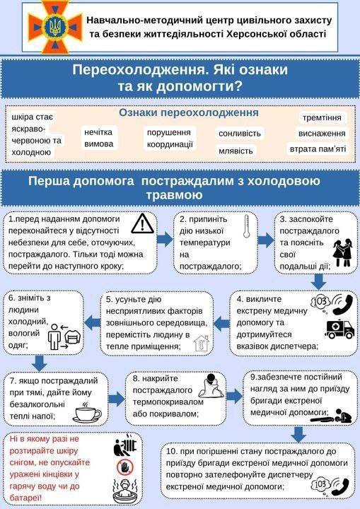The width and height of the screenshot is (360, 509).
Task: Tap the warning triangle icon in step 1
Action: tap(143, 223)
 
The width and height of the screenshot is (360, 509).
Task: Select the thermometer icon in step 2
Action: tap(247, 226)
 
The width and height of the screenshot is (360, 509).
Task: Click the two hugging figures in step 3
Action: tap(342, 252)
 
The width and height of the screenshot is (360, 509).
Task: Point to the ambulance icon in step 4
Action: tap(340, 329)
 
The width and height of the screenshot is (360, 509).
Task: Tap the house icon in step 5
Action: tap(201, 343)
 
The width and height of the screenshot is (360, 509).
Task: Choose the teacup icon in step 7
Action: tap(87, 413)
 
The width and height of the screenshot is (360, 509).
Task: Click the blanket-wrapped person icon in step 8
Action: tap(211, 386)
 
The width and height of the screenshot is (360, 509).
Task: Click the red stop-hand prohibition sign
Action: tap(125, 467)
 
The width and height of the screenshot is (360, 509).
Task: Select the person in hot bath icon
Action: tap(125, 491)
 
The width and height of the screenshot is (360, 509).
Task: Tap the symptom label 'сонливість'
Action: tap(240, 134)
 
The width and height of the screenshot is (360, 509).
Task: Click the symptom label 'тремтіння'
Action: tap(322, 117)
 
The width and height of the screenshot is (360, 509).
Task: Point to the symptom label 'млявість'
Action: tap(236, 151)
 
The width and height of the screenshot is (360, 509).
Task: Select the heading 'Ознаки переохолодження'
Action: tap(189, 112)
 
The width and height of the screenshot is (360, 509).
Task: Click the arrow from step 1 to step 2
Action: tap(165, 240)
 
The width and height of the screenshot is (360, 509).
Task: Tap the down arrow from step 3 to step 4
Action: tap(318, 282)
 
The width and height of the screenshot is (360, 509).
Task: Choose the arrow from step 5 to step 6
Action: tap(93, 323)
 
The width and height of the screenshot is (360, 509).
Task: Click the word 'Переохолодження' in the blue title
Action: tap(140, 70)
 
